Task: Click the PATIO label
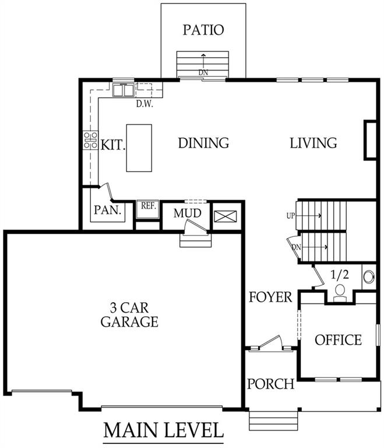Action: pos(203,30)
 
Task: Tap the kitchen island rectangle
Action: pos(139,148)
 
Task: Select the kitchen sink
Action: pos(124,90)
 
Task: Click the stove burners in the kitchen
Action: pos(90,140)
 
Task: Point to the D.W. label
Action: pos(144,104)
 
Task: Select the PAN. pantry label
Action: pos(107,210)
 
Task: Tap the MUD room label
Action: pos(187,213)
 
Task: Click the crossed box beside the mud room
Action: pos(226,216)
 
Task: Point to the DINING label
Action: pos(203,143)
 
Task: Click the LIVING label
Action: pos(313,143)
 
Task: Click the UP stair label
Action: pos(291,216)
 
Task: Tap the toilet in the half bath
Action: pos(339,292)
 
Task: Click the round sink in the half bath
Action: pos(369,276)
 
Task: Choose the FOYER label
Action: pos(270,297)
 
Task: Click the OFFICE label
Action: pos(338,339)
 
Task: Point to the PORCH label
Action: pos(270,384)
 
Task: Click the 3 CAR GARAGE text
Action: pos(129,314)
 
